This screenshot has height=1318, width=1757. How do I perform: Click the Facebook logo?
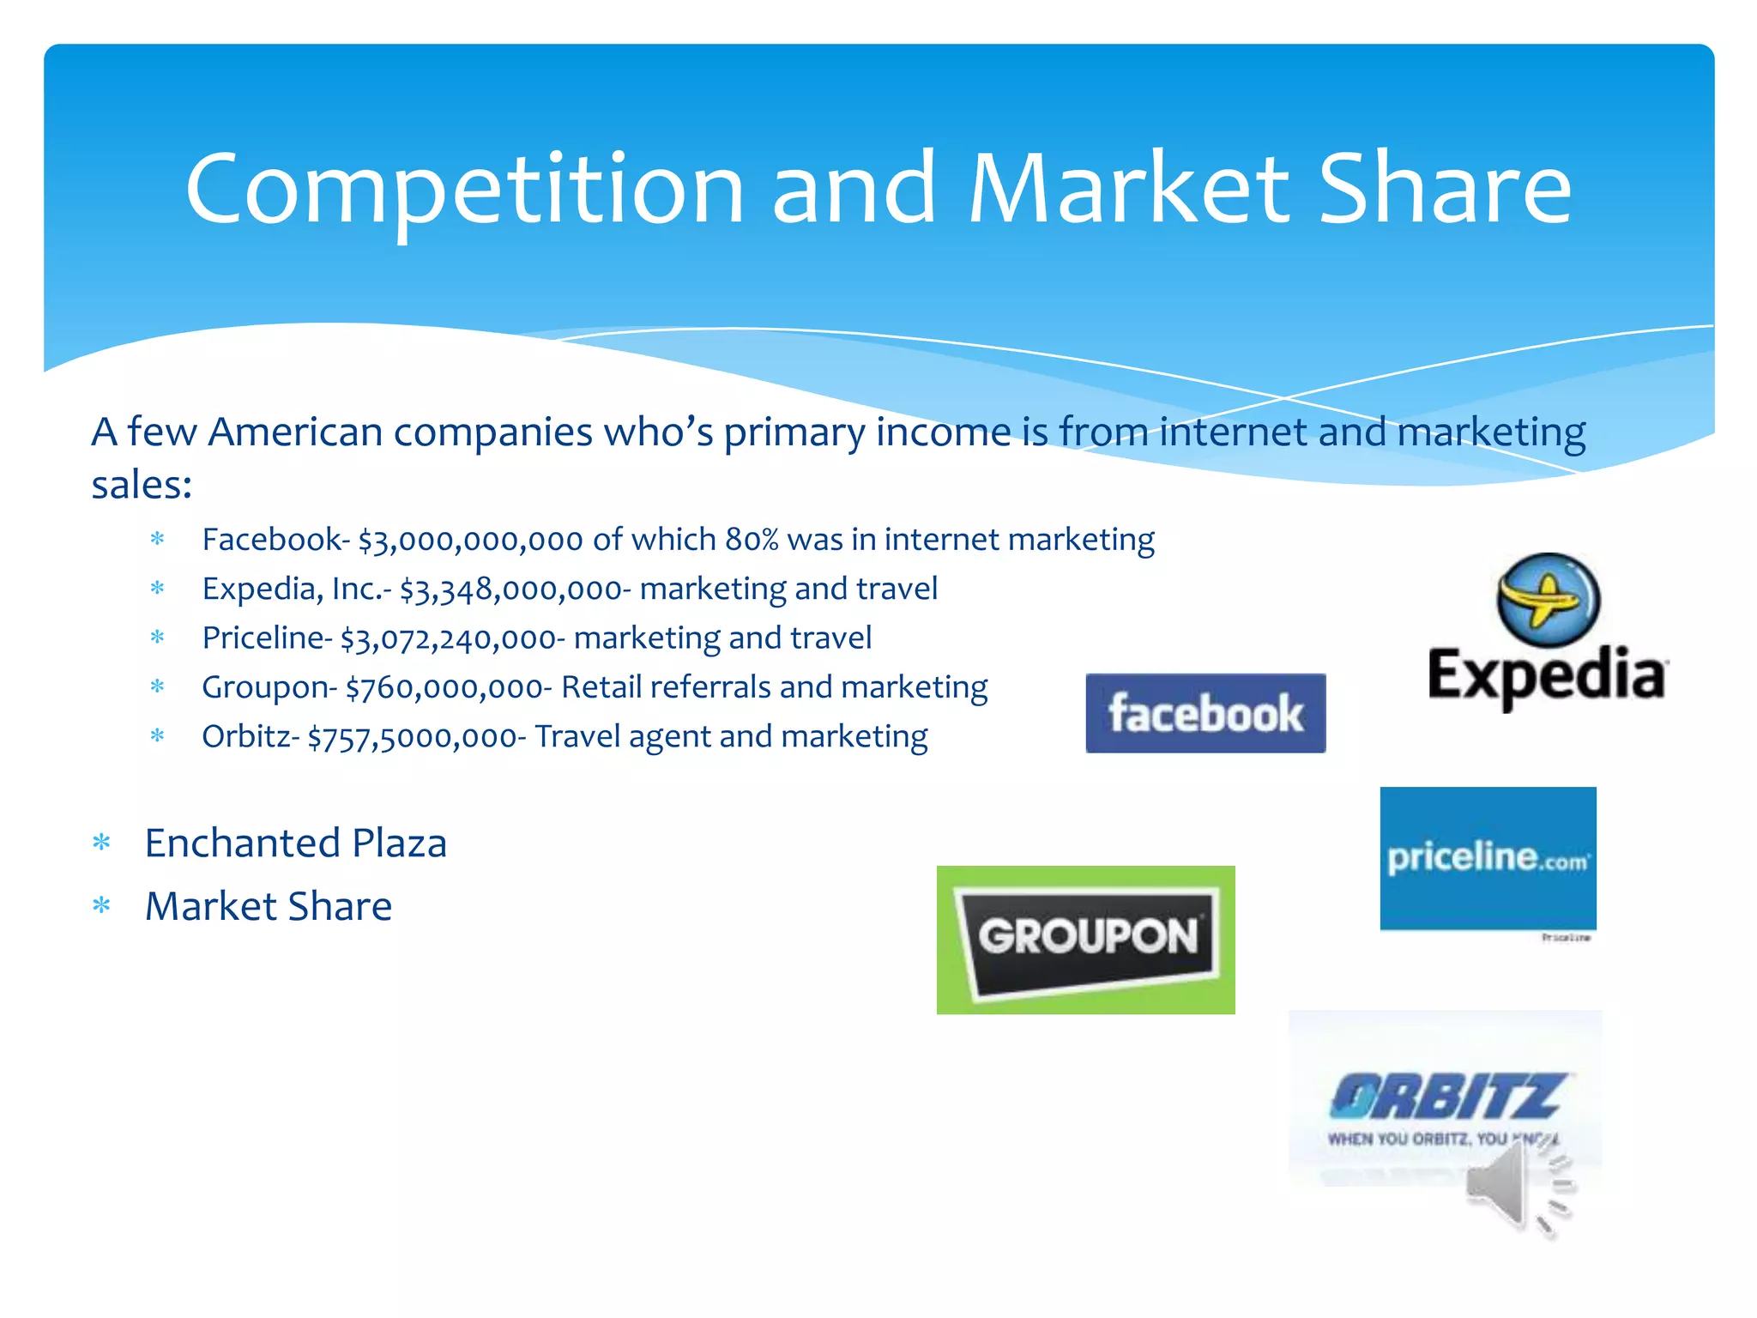tap(1205, 713)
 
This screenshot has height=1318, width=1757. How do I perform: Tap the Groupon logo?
tap(1085, 940)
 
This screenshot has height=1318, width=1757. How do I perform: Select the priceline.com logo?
tap(1488, 858)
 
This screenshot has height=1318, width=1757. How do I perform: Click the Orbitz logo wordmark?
tap(1446, 1097)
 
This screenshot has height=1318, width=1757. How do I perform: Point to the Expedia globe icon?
tap(1548, 600)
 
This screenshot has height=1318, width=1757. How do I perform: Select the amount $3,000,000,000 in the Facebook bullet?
tap(471, 541)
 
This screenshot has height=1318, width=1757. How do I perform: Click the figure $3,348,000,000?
tap(510, 589)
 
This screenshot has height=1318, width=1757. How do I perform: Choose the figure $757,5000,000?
tap(411, 737)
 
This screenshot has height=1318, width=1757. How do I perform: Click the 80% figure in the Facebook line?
tap(752, 540)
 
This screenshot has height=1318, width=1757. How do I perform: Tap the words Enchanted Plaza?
tap(296, 843)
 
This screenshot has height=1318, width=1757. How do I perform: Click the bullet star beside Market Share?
tap(102, 905)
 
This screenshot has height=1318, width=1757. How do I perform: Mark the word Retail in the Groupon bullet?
tap(601, 687)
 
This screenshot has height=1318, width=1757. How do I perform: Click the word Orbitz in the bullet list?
tap(245, 736)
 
